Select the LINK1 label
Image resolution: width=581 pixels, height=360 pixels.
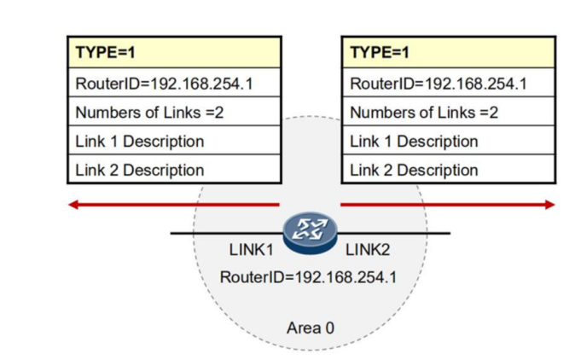251,250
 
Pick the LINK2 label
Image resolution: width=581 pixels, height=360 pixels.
368,250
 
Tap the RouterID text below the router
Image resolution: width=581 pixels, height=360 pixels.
307,277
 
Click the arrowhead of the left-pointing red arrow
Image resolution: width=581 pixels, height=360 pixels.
73,205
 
